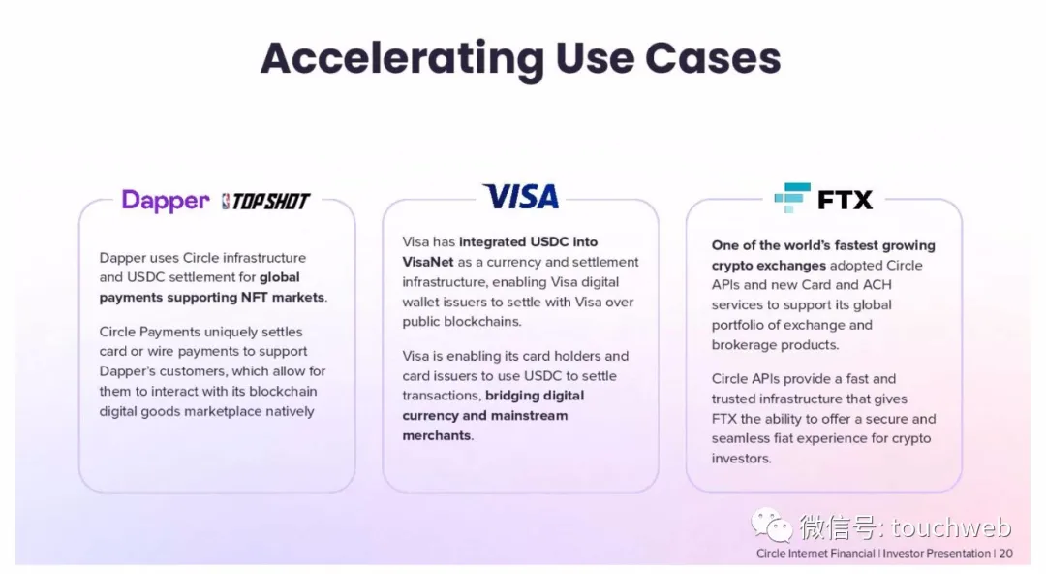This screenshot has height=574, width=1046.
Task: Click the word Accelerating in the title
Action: tap(402, 59)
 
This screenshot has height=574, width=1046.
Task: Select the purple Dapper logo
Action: tap(166, 201)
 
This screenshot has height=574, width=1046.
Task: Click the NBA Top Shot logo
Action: tap(265, 201)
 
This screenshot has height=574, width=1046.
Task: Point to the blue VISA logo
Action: tap(521, 197)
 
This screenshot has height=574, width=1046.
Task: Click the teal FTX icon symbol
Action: tap(792, 198)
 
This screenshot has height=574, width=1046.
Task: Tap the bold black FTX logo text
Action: tap(845, 200)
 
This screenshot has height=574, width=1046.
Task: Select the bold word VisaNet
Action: tap(428, 262)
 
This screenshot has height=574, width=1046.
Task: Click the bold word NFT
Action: tap(254, 297)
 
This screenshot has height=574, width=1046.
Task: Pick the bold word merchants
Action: tap(436, 435)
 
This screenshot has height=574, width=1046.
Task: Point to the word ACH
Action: tap(877, 285)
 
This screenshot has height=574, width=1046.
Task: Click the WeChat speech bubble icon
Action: tap(772, 526)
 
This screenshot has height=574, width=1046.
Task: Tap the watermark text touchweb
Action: tap(951, 527)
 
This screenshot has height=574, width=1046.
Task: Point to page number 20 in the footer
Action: tap(1005, 554)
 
